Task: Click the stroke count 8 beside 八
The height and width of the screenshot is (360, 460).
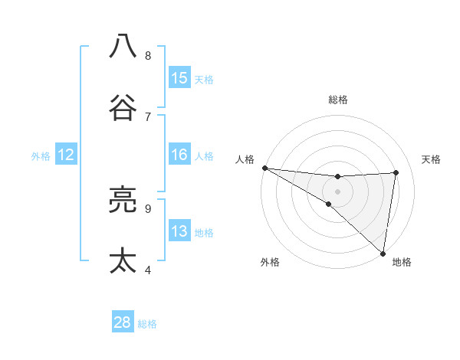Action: (x=148, y=55)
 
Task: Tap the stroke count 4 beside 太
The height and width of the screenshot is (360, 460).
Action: (x=148, y=270)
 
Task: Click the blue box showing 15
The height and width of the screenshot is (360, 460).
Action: (x=179, y=78)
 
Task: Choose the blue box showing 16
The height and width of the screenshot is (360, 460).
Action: (x=179, y=155)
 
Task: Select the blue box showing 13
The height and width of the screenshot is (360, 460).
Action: (x=179, y=231)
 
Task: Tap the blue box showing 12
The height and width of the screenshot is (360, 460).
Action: (x=65, y=155)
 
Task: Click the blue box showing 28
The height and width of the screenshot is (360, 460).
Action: (x=123, y=322)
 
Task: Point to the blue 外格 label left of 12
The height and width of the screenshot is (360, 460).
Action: (x=41, y=156)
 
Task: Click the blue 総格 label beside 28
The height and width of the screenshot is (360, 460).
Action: (x=147, y=324)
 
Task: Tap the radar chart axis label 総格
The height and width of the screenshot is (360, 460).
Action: (x=337, y=100)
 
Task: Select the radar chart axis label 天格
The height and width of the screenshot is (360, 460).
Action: (x=431, y=159)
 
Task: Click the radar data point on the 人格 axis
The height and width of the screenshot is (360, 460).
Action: (x=264, y=168)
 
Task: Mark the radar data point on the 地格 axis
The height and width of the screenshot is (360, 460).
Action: (x=383, y=253)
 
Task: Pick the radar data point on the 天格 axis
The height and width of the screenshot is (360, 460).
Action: (x=396, y=172)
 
